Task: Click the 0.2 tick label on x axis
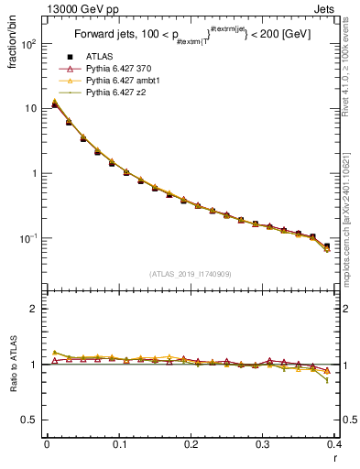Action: (191, 445)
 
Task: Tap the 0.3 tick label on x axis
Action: (263, 445)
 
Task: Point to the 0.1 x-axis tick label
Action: (118, 445)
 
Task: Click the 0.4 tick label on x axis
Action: (335, 445)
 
